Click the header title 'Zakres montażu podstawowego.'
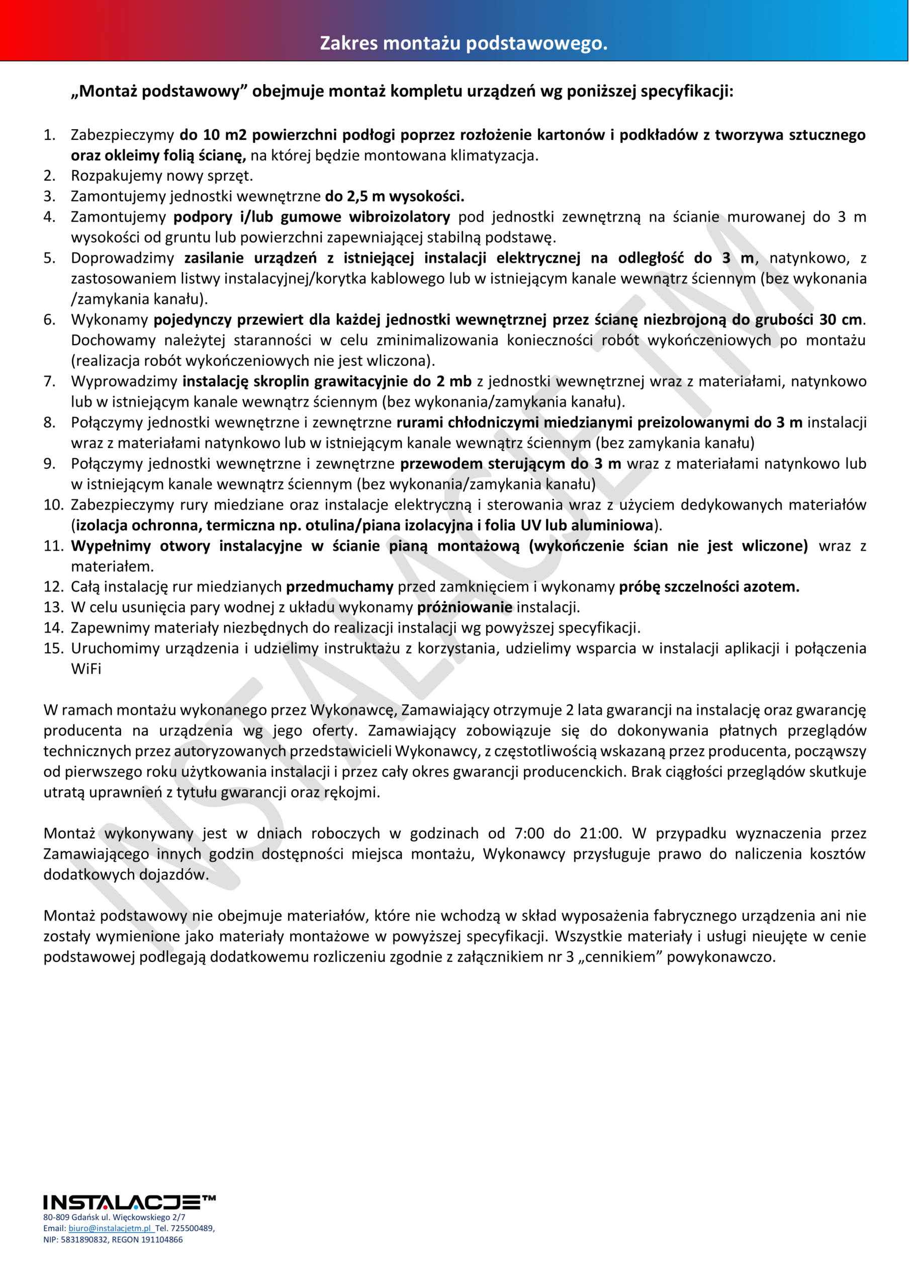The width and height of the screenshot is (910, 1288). [x=463, y=43]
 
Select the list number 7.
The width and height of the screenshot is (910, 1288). [x=49, y=381]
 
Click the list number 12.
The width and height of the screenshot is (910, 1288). [x=53, y=587]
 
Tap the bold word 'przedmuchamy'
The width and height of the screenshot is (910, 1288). [x=340, y=587]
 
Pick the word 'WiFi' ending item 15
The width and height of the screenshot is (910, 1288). [x=86, y=669]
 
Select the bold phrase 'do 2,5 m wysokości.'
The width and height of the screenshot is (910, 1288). [x=395, y=196]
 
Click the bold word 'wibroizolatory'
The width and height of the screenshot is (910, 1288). [x=399, y=217]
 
